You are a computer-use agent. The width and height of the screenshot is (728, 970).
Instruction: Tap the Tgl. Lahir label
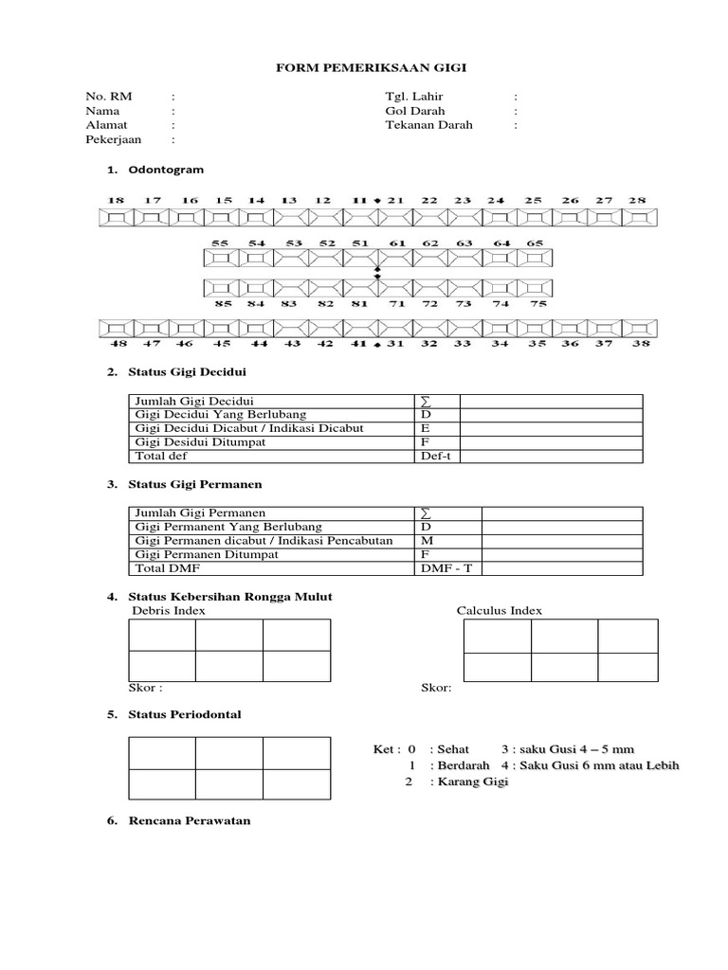(414, 97)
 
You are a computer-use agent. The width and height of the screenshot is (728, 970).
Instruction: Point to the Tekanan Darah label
(428, 124)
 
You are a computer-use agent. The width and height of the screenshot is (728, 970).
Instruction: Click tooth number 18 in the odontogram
(116, 201)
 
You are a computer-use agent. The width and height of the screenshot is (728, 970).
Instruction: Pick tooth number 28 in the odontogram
(637, 201)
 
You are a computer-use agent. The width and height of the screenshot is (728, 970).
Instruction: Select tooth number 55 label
(220, 243)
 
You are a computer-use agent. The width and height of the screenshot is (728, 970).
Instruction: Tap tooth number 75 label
(537, 304)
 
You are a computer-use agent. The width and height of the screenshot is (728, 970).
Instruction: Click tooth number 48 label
(118, 344)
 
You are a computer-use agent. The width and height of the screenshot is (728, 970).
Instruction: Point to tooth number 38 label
(641, 344)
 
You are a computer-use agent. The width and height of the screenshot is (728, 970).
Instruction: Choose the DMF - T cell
(444, 567)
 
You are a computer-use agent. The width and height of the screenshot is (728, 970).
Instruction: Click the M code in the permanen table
(426, 540)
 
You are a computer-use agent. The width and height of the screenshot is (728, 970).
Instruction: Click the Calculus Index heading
(500, 611)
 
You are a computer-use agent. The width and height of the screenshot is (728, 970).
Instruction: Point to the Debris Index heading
(168, 611)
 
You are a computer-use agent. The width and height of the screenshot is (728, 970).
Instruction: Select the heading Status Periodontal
(184, 714)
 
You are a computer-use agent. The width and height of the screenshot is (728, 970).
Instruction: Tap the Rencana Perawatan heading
(190, 820)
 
